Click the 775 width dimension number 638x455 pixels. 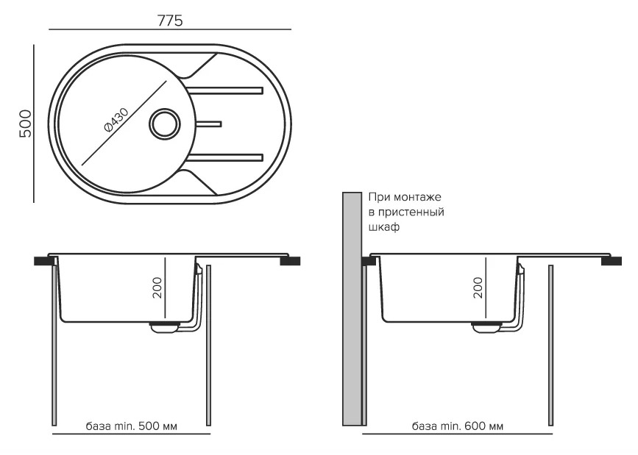click(x=171, y=21)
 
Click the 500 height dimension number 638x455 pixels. click(x=24, y=122)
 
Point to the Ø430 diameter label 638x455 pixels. click(x=116, y=119)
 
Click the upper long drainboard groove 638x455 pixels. click(x=226, y=91)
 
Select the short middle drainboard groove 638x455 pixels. click(x=208, y=123)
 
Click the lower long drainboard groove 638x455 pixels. click(x=226, y=156)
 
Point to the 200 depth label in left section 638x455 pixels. click(x=156, y=288)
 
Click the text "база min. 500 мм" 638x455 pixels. click(x=131, y=426)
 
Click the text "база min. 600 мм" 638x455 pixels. click(x=458, y=426)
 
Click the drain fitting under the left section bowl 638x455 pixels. click(x=165, y=327)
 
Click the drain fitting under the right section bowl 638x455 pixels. click(x=486, y=327)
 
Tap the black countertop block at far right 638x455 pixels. click(x=612, y=261)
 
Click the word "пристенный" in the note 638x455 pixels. click(x=414, y=213)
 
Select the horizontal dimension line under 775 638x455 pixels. click(x=171, y=29)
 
